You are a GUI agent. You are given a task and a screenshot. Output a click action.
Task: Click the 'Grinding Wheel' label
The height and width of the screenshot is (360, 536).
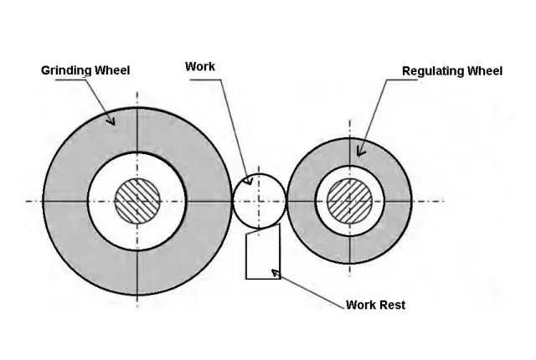[85, 71]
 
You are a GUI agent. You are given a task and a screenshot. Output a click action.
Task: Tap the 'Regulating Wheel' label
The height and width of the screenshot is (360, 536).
[452, 71]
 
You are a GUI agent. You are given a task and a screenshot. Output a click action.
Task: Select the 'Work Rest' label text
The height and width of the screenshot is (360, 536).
[375, 306]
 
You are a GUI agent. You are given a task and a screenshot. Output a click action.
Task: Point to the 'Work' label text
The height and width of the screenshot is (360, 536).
[199, 66]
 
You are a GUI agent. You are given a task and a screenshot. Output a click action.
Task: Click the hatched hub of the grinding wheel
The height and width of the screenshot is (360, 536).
[137, 201]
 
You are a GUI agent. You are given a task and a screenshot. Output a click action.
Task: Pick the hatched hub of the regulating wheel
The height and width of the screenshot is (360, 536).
[349, 201]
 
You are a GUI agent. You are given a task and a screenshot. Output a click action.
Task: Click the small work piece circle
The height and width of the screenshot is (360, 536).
[259, 201]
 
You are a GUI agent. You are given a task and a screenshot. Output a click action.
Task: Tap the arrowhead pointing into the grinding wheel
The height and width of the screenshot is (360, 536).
[111, 121]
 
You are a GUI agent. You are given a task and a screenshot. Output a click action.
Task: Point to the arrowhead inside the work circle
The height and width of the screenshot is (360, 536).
[247, 181]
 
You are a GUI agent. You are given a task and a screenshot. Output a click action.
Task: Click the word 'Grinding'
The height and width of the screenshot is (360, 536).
[66, 71]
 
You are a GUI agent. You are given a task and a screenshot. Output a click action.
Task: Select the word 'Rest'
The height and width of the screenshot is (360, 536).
[391, 306]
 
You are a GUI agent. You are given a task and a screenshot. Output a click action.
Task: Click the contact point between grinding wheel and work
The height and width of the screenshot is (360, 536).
[232, 201]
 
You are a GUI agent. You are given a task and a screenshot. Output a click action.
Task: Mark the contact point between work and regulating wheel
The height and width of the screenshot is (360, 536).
[286, 201]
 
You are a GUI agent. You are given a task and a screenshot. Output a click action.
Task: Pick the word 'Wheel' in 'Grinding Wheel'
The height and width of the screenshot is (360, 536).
[111, 71]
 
